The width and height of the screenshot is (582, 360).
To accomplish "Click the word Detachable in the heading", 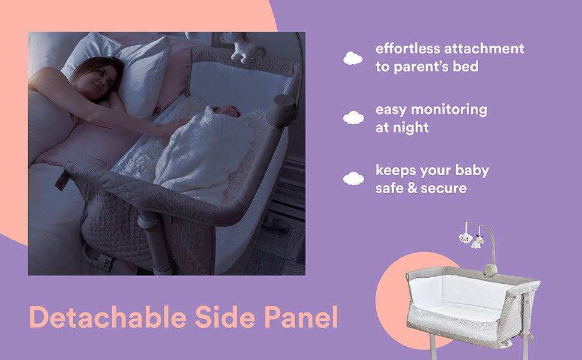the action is point(107,317).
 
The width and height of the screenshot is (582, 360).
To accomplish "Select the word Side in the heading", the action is point(225,317).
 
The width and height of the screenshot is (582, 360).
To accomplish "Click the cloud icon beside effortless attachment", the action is point(353,58).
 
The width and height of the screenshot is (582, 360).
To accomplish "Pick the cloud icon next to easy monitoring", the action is point(353,118).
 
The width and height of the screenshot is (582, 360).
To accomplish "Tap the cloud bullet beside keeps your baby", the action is point(353,178).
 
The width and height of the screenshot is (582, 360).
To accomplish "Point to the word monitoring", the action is point(449,110).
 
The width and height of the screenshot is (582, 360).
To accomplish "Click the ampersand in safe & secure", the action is point(412,188).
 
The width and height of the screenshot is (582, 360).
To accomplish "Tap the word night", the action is point(410,128).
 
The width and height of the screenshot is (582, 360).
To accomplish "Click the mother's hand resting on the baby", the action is point(175,127).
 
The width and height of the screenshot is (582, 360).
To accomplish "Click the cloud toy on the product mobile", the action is point(466,238).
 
